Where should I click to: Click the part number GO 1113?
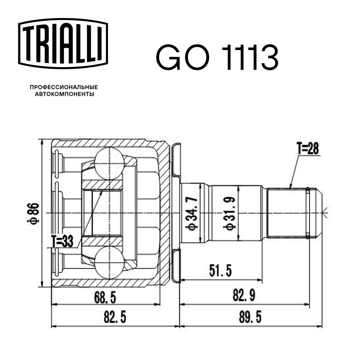(217, 58)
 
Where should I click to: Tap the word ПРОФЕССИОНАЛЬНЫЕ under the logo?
(64, 87)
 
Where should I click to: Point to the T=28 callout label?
(307, 148)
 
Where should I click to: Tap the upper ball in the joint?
(109, 163)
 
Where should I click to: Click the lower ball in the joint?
(109, 262)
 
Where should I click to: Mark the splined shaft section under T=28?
(286, 213)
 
